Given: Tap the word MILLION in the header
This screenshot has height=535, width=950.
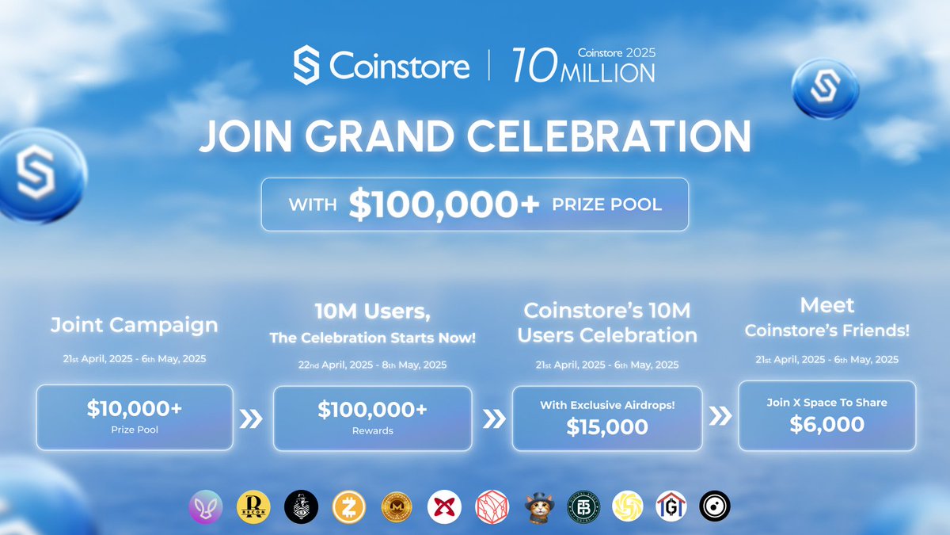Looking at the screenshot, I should click(x=607, y=74).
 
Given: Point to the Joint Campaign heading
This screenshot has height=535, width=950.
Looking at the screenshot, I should click(x=134, y=324).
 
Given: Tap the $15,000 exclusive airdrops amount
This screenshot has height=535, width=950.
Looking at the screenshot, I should click(x=607, y=426).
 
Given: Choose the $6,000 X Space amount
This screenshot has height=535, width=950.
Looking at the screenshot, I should click(x=826, y=423).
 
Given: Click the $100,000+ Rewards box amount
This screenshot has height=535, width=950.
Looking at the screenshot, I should click(x=372, y=410).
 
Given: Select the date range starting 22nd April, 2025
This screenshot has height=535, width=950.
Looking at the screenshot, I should click(x=372, y=365).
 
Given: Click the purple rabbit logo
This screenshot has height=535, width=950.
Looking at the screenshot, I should click(x=207, y=506).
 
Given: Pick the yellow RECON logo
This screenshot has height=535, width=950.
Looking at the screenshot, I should click(x=253, y=506).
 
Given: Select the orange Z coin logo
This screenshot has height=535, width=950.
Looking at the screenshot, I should click(x=347, y=506).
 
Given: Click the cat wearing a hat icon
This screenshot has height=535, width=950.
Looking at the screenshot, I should click(x=538, y=506).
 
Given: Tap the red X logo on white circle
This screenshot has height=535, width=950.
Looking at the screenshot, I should click(x=443, y=506).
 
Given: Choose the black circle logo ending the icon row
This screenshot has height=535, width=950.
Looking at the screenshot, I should click(x=714, y=506).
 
